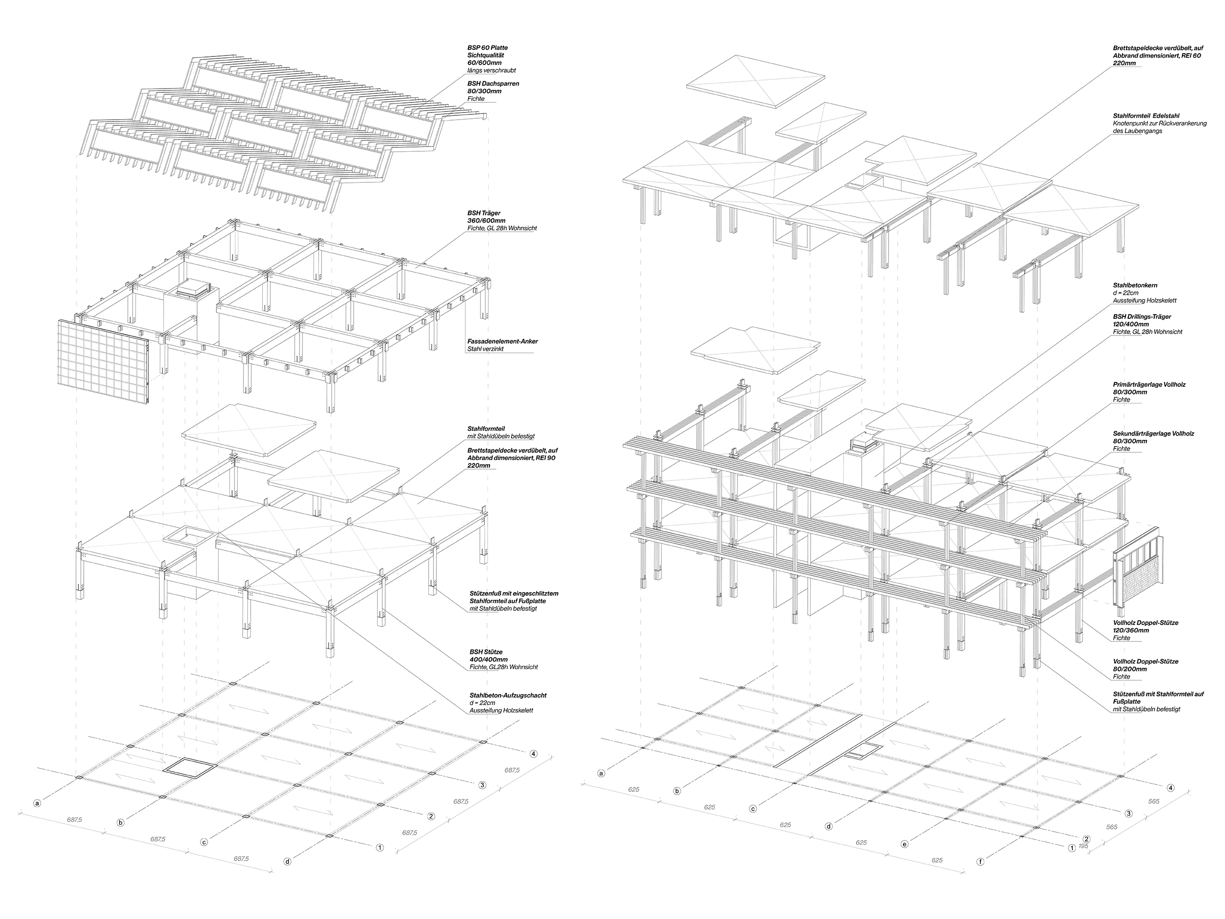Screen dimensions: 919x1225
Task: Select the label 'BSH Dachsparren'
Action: [x=493, y=84]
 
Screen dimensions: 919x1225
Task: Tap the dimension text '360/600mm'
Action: [x=486, y=221]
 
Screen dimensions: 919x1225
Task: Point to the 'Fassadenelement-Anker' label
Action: [x=502, y=341]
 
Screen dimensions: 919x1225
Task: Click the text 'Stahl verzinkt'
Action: [x=486, y=349]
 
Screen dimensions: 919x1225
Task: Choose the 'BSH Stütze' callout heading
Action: [x=486, y=652]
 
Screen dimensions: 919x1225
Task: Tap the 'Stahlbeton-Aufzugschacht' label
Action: [x=508, y=695]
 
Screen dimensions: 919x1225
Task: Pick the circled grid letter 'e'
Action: [x=905, y=844]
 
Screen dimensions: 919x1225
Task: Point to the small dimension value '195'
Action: [x=1084, y=846]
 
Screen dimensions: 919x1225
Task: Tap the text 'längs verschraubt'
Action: [x=492, y=71]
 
